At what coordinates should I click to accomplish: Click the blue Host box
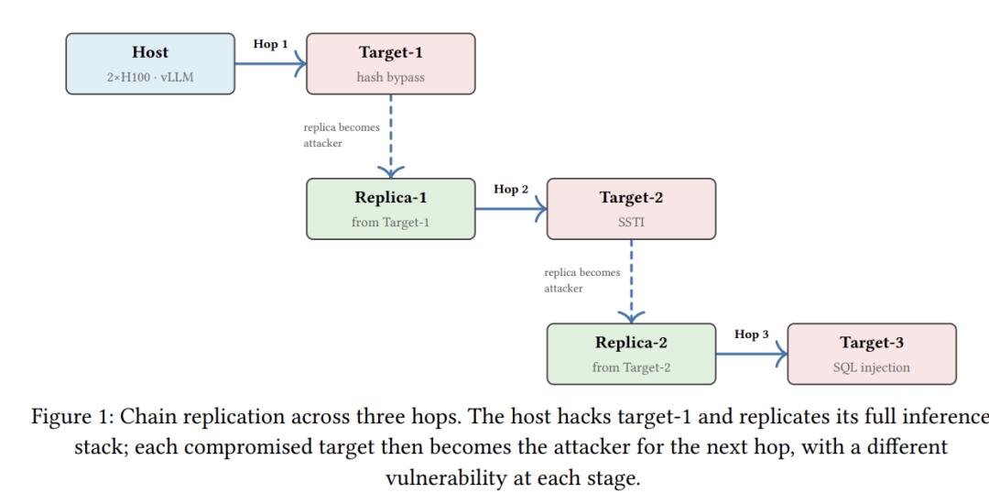150,64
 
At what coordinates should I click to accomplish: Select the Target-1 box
391,64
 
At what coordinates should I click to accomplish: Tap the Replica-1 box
391,209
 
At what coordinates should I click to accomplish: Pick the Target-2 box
631,209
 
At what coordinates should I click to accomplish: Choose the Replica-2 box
631,354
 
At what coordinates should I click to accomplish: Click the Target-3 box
872,354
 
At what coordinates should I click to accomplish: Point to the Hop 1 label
270,44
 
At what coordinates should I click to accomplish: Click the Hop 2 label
511,190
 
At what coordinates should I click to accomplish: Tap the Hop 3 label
751,334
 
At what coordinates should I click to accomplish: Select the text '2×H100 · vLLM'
150,78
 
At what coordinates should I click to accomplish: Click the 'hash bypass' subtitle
391,78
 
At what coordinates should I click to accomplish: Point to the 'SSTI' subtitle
631,222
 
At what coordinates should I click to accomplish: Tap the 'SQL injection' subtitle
872,367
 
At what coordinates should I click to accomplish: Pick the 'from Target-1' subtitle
391,222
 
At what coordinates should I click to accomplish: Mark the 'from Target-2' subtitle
631,367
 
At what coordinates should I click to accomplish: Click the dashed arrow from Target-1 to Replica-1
391,137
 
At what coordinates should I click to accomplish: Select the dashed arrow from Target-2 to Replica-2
631,281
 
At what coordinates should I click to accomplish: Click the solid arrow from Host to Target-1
270,64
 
